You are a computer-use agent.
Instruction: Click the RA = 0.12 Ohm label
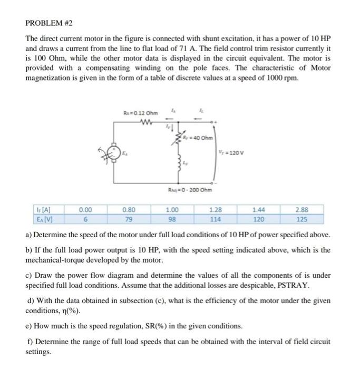coord(140,112)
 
